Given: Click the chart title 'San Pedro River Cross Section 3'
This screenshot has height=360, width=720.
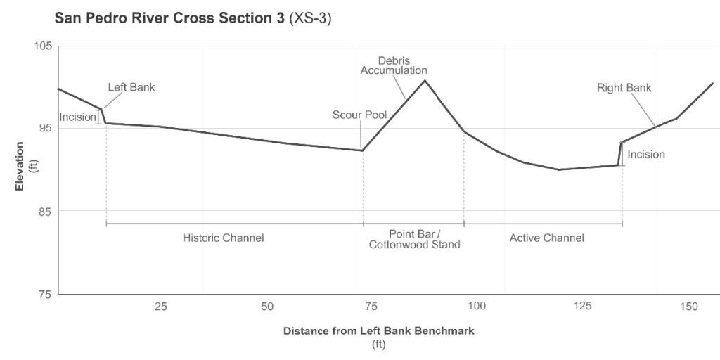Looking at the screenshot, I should click(x=168, y=19).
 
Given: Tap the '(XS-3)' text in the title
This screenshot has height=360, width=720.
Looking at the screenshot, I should click(x=310, y=19).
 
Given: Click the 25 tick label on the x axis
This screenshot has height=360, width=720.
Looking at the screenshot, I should click(x=161, y=307).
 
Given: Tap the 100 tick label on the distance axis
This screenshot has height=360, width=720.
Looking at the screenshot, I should click(x=477, y=307).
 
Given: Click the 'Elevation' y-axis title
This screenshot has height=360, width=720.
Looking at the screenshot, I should click(x=20, y=167).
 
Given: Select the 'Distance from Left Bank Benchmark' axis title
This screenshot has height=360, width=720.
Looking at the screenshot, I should click(x=379, y=330).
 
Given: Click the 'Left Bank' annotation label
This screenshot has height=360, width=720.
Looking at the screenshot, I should click(x=131, y=88).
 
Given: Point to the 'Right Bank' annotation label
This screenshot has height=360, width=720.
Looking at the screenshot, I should click(x=624, y=88).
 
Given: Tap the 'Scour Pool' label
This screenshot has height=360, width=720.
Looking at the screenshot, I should click(x=359, y=115).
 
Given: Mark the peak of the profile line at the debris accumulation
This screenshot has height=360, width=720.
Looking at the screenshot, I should click(x=425, y=80).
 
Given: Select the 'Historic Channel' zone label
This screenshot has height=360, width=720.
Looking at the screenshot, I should click(x=224, y=238).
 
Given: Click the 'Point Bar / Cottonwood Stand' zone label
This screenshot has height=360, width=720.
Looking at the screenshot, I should click(x=414, y=239).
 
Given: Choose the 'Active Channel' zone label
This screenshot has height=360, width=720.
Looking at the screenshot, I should click(x=546, y=238).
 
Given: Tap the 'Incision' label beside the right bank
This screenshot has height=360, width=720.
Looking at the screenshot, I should click(x=645, y=154).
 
